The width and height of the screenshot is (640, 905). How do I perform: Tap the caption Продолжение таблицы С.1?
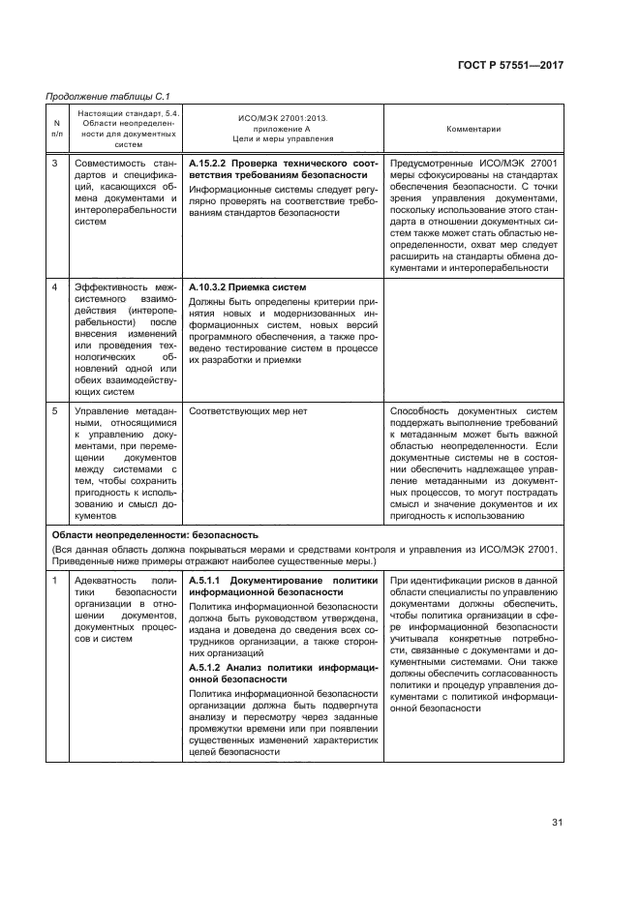click(101, 97)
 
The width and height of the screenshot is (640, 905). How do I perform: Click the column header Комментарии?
click(472, 129)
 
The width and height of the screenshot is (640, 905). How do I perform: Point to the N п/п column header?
click(56, 129)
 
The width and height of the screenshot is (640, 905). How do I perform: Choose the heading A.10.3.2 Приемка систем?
click(248, 287)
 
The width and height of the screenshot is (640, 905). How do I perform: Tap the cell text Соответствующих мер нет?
click(248, 411)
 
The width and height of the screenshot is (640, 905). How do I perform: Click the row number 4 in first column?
click(55, 288)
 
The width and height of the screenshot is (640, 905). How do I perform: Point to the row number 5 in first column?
click(55, 411)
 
